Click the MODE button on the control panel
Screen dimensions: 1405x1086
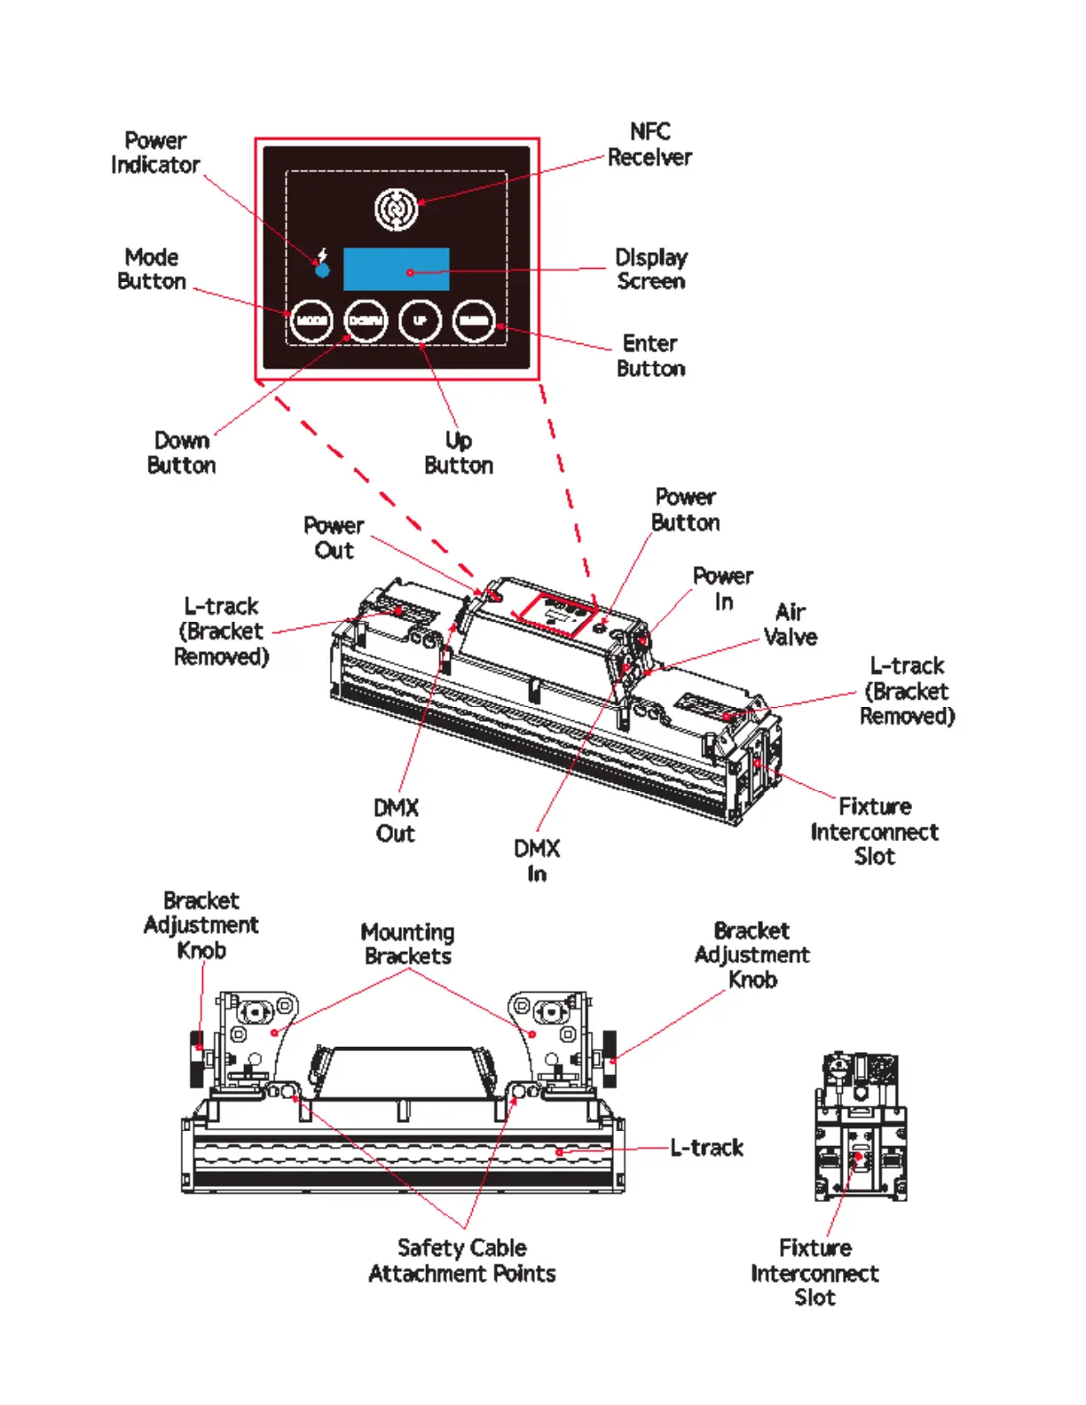pos(311,320)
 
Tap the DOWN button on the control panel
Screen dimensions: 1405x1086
pos(366,320)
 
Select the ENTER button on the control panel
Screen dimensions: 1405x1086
pos(474,320)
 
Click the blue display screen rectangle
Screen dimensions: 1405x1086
pos(396,270)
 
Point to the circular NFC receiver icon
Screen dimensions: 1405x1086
pos(396,209)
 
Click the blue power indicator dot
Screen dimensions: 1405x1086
pos(323,270)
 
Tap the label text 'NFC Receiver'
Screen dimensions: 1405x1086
pos(649,145)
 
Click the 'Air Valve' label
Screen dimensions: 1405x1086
pos(790,624)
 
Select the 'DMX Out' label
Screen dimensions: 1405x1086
pos(396,820)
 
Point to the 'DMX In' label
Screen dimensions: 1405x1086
pos(537,860)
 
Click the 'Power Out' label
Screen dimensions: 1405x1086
pos(334,538)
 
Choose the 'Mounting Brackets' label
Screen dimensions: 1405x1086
pos(408,944)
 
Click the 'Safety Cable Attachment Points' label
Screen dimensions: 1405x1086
pos(462,1260)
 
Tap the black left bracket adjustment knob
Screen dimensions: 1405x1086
pos(197,1058)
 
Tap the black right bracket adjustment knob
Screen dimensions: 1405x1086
pos(610,1057)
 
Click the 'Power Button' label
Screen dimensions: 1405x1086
pos(686,509)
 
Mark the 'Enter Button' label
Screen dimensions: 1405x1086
pos(650,356)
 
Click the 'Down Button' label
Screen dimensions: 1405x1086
pos(182,452)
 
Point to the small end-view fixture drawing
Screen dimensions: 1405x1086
pos(860,1126)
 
